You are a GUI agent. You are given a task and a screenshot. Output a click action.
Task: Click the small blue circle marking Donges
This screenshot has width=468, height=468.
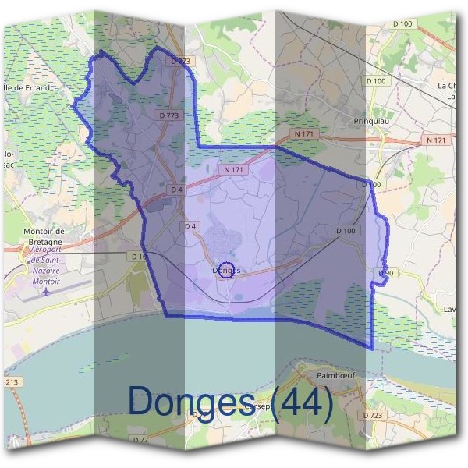click(225, 270)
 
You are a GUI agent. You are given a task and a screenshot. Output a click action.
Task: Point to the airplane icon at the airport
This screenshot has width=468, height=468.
click(46, 292)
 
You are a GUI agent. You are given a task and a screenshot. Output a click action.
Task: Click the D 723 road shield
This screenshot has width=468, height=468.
click(373, 415)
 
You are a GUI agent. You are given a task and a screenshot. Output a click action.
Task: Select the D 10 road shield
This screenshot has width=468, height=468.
click(139, 256)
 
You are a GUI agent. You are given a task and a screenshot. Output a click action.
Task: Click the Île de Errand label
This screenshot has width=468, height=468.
click(28, 87)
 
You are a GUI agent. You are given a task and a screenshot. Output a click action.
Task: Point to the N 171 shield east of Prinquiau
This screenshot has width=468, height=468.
click(437, 140)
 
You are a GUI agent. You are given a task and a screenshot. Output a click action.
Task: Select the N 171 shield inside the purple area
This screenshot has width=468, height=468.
click(233, 168)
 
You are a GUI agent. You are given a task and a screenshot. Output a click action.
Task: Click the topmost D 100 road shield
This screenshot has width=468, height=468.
click(402, 24)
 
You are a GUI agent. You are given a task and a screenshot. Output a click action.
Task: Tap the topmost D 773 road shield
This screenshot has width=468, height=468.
click(179, 60)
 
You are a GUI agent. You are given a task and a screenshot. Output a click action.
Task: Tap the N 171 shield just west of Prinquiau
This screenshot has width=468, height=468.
click(304, 134)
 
